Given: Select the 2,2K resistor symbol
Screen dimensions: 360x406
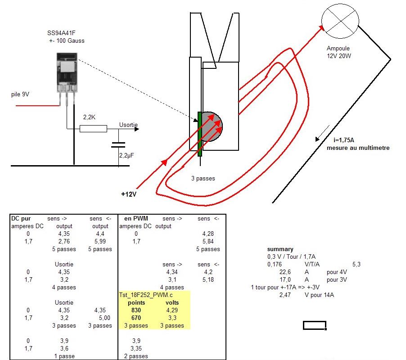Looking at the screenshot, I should pyautogui.click(x=93, y=129).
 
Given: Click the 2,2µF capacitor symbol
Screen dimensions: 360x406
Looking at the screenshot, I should pyautogui.click(x=118, y=145).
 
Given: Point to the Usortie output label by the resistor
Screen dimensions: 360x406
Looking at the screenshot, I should pyautogui.click(x=128, y=125).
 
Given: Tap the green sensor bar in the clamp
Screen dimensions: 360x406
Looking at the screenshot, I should pyautogui.click(x=199, y=134).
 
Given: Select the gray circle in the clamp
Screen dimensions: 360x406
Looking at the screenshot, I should pyautogui.click(x=211, y=126).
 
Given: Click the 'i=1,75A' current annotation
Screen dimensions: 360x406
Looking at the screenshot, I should pyautogui.click(x=343, y=140).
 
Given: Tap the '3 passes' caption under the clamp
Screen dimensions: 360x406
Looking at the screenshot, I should pyautogui.click(x=203, y=178).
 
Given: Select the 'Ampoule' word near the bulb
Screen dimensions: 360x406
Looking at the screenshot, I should pyautogui.click(x=338, y=49).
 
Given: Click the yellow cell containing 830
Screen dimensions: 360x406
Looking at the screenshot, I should pyautogui.click(x=136, y=310).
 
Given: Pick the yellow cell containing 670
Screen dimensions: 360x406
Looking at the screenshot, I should pyautogui.click(x=136, y=318).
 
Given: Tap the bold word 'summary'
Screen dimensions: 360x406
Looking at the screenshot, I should pyautogui.click(x=280, y=249).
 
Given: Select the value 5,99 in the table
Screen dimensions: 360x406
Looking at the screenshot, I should pyautogui.click(x=100, y=241).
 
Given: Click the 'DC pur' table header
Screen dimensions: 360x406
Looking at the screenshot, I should pyautogui.click(x=20, y=218).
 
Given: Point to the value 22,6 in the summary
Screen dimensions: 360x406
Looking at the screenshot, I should pyautogui.click(x=285, y=272).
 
